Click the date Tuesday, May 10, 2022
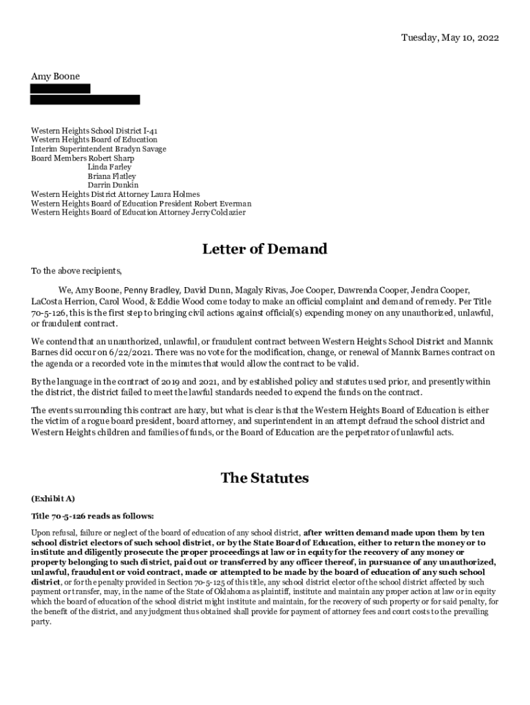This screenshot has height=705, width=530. click(x=450, y=37)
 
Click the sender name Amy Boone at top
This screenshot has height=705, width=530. click(x=55, y=76)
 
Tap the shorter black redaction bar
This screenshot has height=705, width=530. click(x=60, y=89)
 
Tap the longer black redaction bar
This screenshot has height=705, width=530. click(x=85, y=100)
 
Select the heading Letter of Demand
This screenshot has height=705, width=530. click(x=264, y=249)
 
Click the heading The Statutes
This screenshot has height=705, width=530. click(x=264, y=478)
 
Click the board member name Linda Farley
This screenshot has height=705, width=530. click(x=109, y=167)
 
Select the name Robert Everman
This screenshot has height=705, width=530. click(x=222, y=204)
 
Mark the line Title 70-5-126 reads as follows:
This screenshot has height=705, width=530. click(x=92, y=516)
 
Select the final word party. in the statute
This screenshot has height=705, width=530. click(x=41, y=622)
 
